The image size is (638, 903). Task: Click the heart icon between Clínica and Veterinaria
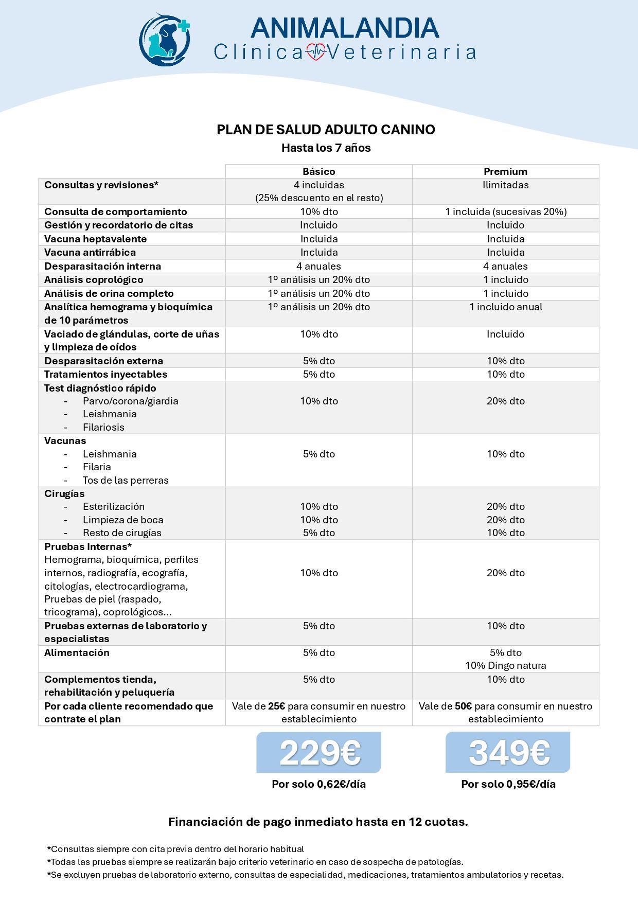click(x=316, y=52)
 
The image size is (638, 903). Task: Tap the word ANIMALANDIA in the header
click(x=345, y=28)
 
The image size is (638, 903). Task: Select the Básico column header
click(x=318, y=171)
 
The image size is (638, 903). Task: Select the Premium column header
click(x=505, y=171)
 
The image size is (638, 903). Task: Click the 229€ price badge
click(x=319, y=752)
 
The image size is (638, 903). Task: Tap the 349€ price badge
click(x=508, y=752)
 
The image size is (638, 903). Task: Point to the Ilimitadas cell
click(x=505, y=185)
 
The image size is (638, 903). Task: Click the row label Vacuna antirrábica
click(x=90, y=252)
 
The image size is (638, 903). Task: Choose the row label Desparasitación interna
click(x=102, y=266)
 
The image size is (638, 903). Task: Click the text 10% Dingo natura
click(x=505, y=665)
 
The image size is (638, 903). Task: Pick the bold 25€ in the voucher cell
click(x=276, y=706)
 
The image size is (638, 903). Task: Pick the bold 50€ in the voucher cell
click(x=463, y=706)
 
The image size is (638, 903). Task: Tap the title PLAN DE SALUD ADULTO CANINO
click(x=326, y=130)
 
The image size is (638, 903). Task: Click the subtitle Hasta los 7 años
click(x=326, y=148)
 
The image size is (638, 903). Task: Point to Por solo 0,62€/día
click(x=319, y=784)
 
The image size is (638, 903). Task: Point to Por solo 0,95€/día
click(x=508, y=784)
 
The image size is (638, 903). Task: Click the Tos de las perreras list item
click(x=126, y=480)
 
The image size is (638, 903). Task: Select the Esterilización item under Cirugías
click(x=114, y=506)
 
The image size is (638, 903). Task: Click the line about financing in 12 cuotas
click(x=318, y=822)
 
